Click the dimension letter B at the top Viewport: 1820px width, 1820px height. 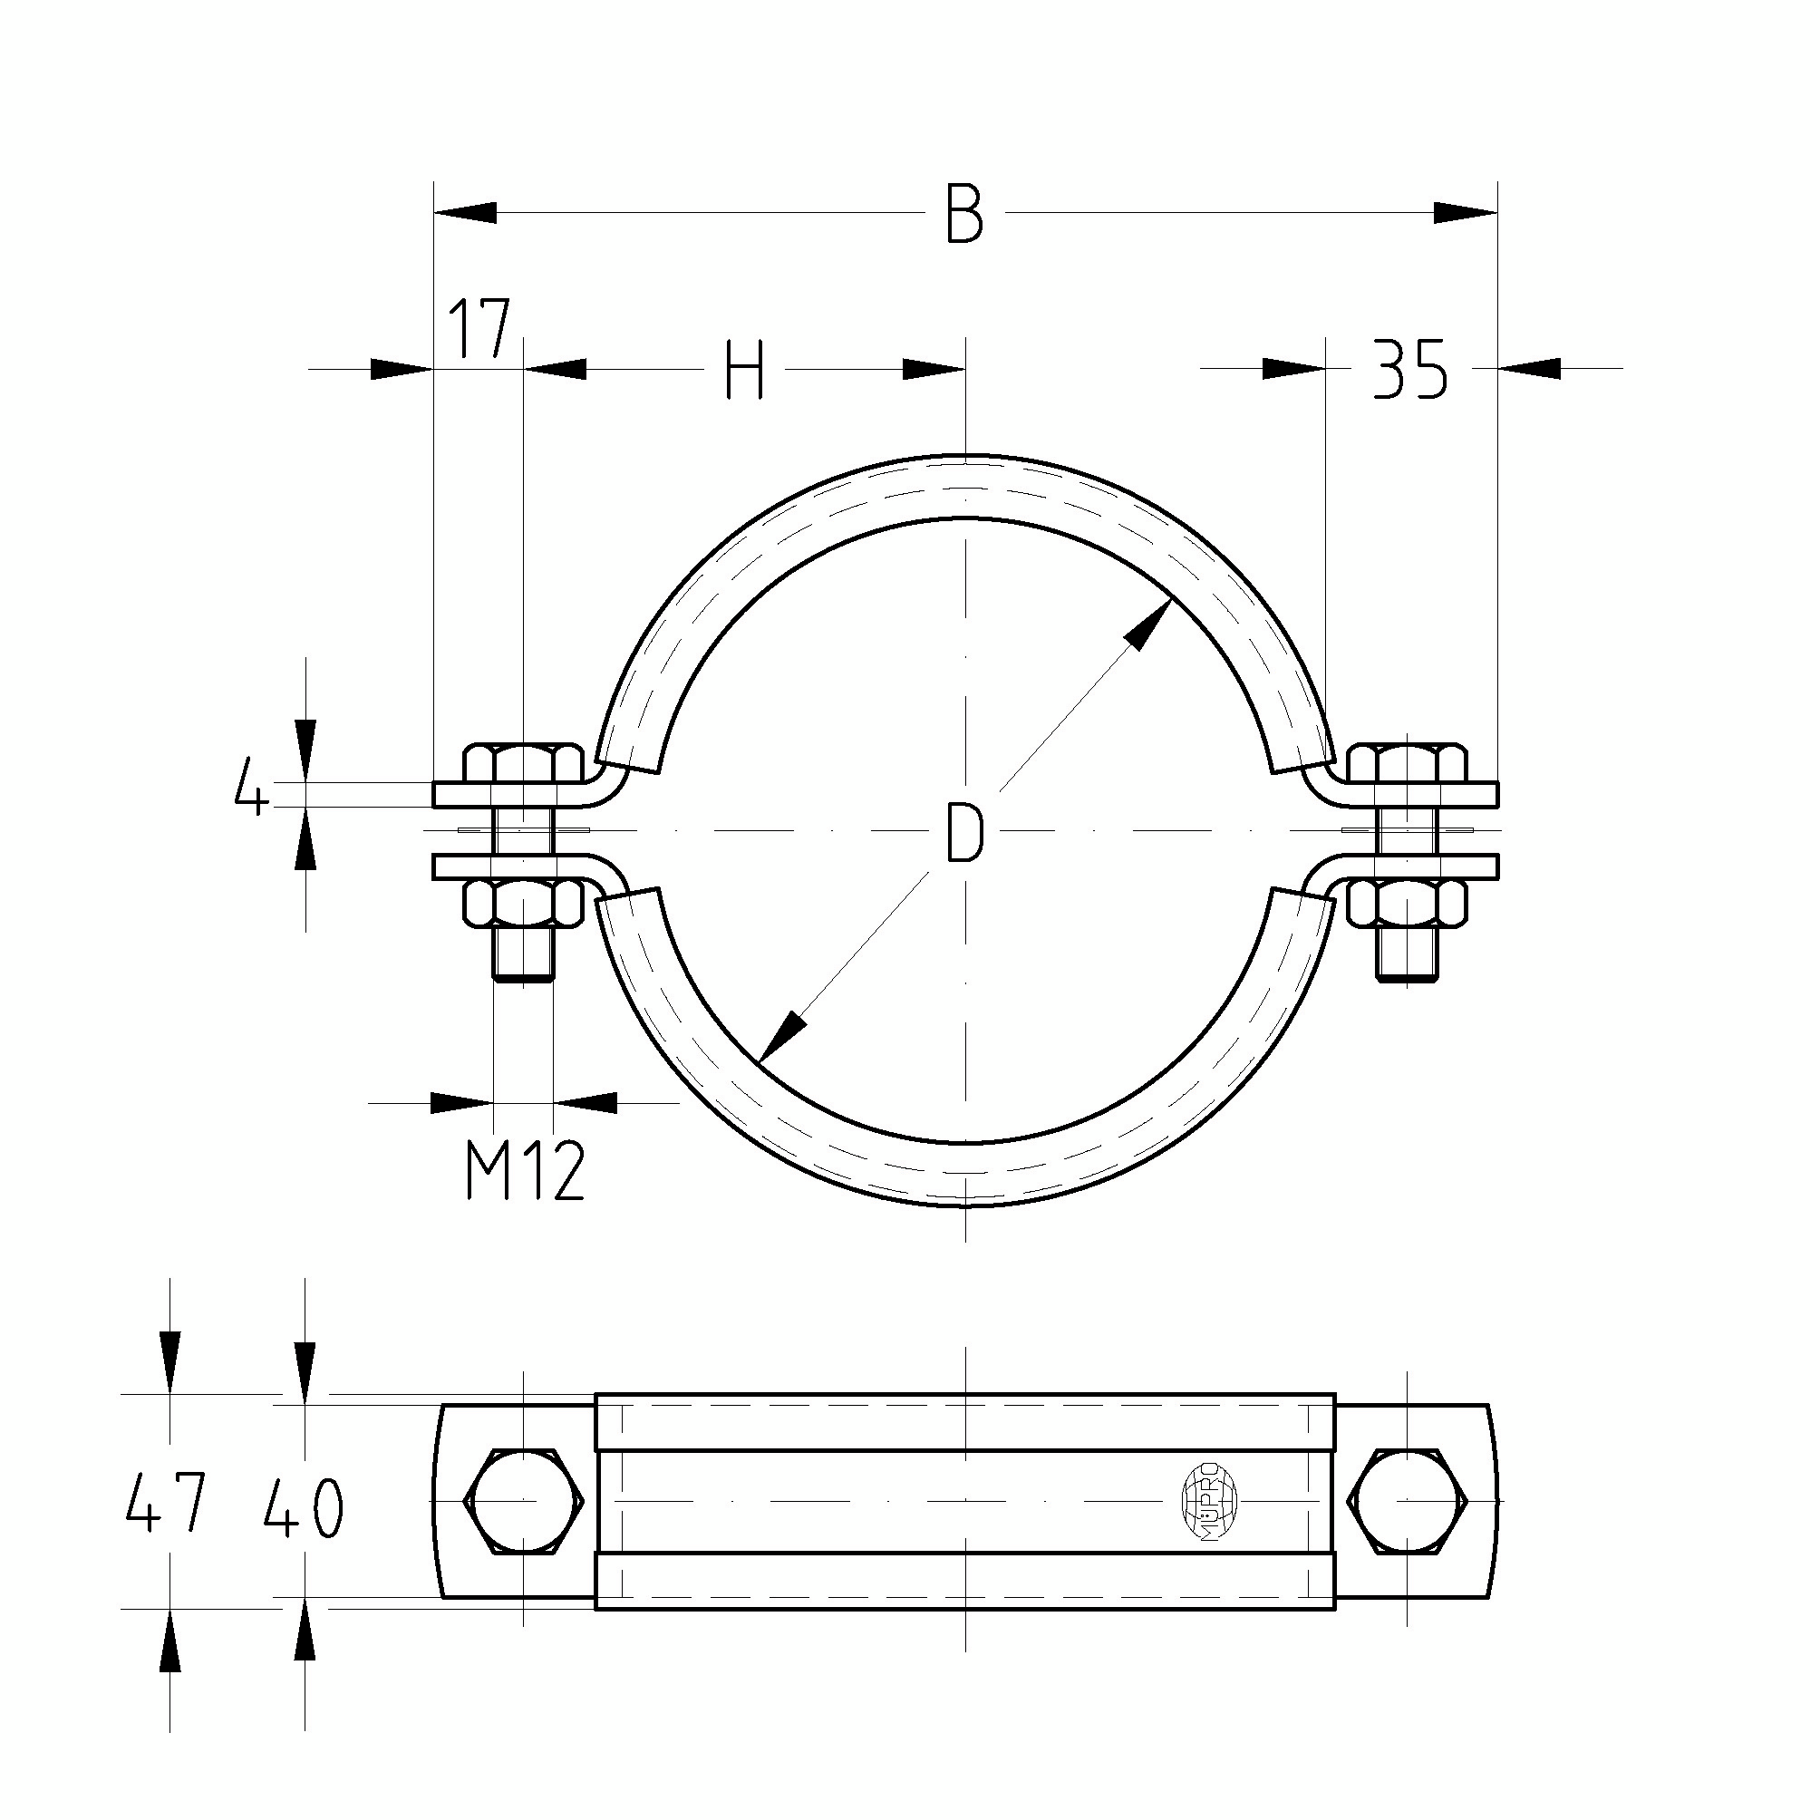point(964,215)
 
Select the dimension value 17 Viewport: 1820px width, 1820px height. point(479,330)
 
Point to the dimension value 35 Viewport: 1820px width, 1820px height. point(1409,369)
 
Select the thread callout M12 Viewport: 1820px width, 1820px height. point(525,1171)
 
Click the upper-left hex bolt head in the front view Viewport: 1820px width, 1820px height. point(524,763)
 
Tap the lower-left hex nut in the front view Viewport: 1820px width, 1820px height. point(524,903)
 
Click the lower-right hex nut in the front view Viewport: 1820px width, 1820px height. point(1408,903)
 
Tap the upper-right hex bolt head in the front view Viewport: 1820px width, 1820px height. point(1408,763)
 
